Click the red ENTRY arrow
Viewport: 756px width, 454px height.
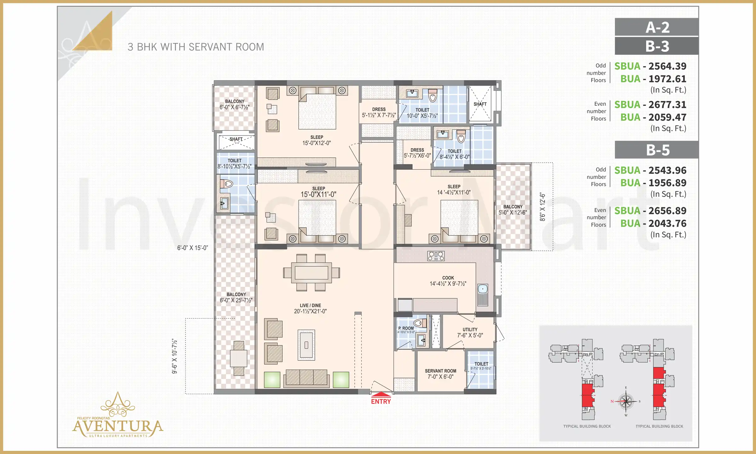pos(381,394)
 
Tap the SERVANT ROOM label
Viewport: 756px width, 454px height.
pos(440,371)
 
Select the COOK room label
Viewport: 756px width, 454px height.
pos(448,278)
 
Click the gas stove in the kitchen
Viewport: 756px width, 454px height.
pos(436,256)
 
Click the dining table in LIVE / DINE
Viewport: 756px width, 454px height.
pos(311,272)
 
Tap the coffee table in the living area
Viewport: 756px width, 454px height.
pos(306,345)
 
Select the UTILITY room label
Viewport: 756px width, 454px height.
pos(470,329)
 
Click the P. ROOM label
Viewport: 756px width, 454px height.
pos(406,328)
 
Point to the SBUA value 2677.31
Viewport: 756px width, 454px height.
pos(667,105)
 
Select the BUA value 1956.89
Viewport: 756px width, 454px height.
pos(667,183)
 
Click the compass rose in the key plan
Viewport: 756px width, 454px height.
pos(626,401)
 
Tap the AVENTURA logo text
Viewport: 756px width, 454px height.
pos(117,427)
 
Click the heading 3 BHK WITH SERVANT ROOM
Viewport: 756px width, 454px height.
pos(196,47)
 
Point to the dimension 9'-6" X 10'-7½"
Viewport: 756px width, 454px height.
pos(175,356)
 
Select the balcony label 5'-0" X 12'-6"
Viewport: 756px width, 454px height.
pos(513,212)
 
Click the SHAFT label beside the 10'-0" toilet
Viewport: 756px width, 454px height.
pos(480,104)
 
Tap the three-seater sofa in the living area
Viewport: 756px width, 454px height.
pos(306,378)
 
